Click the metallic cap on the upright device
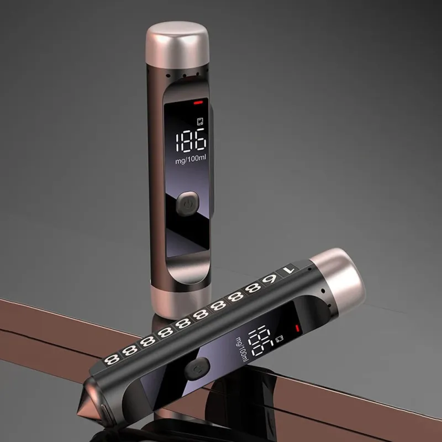177,45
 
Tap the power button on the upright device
188,204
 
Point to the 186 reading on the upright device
191,140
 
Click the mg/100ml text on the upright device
191,160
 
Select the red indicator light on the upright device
198,103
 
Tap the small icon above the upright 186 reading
201,122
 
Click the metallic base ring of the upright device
181,302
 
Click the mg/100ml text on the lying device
242,350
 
